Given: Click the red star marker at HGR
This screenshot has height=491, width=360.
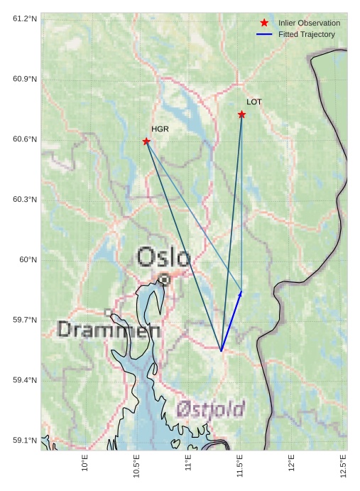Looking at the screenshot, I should coord(146,141).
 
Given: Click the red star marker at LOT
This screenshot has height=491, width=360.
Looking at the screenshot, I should coord(242,114).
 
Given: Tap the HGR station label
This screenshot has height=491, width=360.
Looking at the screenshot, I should coord(160,129).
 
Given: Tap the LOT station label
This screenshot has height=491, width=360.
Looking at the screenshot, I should coord(254,102).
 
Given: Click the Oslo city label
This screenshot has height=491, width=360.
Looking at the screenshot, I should coord(163,257).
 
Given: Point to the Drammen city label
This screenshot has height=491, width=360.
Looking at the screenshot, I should coord(109,330).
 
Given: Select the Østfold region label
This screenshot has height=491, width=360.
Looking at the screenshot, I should coord(210,409).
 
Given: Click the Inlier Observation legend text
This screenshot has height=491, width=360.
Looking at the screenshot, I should coord(309,23).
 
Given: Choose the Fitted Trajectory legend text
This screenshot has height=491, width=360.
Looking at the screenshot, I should coord(306,35).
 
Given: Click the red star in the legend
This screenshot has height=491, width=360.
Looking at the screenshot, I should coord(264,23).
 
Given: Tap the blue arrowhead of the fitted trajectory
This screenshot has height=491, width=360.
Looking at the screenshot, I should coord(240,293).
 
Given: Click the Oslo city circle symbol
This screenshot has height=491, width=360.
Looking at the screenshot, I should coord(164,280).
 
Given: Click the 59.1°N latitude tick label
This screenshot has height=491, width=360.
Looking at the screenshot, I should coord(25,441).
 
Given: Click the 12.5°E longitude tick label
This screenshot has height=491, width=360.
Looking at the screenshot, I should coord(344,466).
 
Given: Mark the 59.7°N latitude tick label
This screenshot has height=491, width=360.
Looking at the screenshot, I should coord(25,320).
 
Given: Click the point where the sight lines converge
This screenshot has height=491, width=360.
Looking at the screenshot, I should coord(221,350).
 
